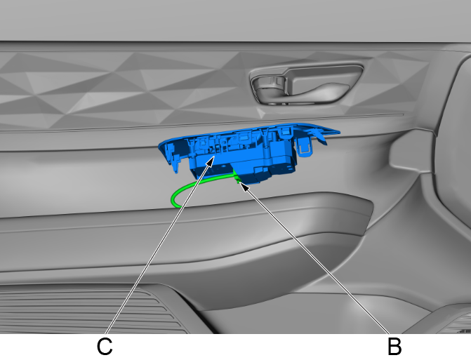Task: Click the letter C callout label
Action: (105, 347)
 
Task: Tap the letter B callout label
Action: (394, 347)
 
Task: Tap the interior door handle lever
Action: (319, 87)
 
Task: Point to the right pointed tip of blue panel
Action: (340, 131)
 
